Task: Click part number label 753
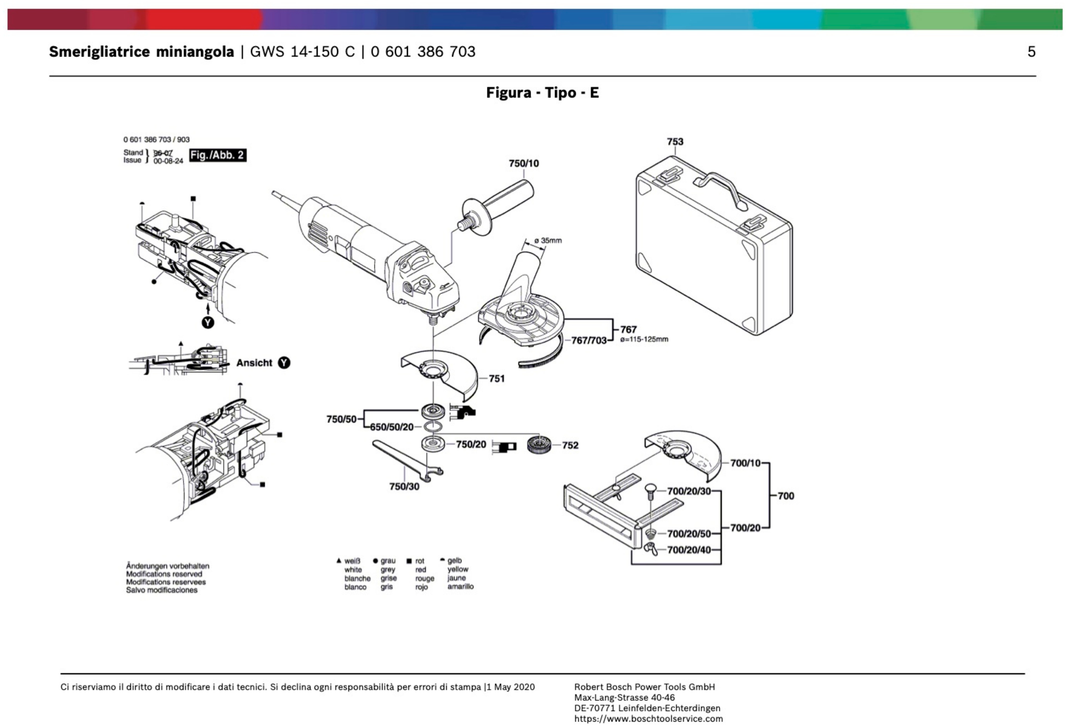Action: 675,142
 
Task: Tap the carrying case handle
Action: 720,188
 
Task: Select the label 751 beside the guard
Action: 496,378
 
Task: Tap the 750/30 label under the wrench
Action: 404,486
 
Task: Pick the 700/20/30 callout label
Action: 688,491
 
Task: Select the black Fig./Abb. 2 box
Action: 217,155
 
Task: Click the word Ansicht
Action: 254,363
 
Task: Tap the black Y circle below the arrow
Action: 208,322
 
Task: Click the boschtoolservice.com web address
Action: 648,719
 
